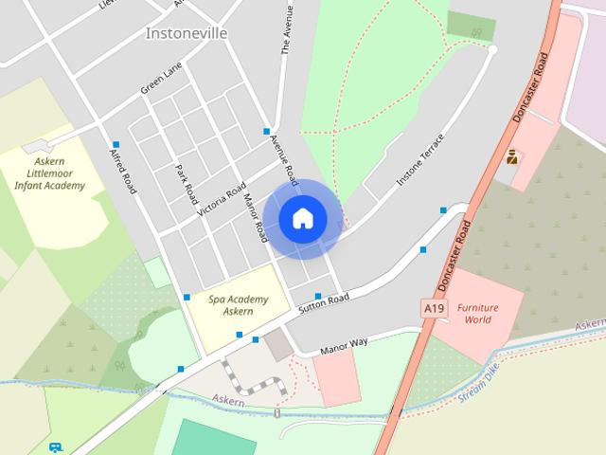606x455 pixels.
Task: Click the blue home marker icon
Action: click(x=303, y=218)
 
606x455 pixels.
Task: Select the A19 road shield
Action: click(x=434, y=308)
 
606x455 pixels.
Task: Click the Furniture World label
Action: click(x=476, y=314)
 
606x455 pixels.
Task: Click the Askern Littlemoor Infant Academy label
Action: click(x=49, y=173)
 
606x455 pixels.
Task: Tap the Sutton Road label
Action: click(x=324, y=304)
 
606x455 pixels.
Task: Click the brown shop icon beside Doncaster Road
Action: click(x=512, y=157)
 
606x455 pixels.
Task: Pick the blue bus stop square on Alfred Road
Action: click(x=116, y=144)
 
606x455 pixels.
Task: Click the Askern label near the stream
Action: click(x=228, y=402)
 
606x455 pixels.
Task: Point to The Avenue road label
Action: click(x=284, y=33)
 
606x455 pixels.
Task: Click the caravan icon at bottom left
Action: click(x=56, y=446)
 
